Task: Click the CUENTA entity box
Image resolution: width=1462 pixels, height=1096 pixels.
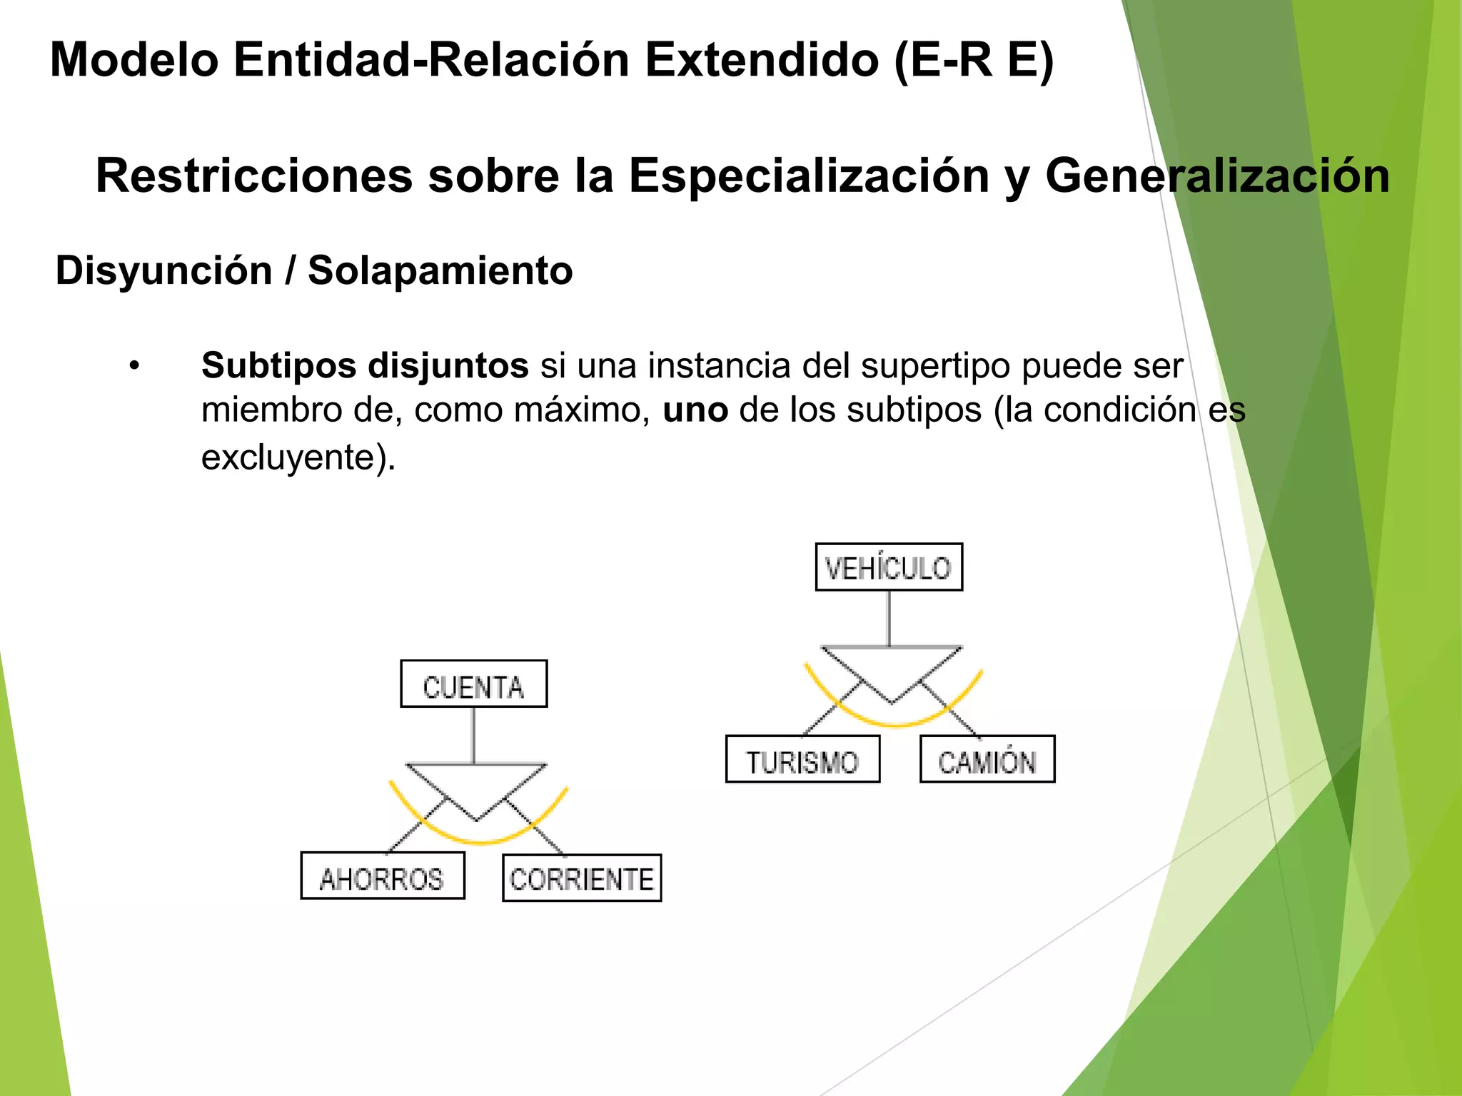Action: click(x=473, y=684)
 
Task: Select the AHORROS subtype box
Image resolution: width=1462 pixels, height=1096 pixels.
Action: click(x=383, y=876)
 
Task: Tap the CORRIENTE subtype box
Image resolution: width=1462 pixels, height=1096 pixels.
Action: click(x=582, y=878)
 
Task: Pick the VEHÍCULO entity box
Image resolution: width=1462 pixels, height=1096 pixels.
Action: click(x=889, y=567)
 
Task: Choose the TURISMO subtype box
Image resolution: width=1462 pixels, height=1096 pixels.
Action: click(x=802, y=759)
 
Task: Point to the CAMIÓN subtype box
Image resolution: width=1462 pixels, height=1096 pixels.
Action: click(x=987, y=759)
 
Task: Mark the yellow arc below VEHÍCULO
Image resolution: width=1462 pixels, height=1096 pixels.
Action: click(x=895, y=724)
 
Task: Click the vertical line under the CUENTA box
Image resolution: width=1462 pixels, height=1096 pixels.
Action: click(x=473, y=735)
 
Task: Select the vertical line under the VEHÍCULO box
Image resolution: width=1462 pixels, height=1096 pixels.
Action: click(x=889, y=618)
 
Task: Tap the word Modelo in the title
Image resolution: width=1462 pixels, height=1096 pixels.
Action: click(x=134, y=60)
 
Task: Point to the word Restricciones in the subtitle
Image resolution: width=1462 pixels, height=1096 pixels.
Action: click(x=254, y=176)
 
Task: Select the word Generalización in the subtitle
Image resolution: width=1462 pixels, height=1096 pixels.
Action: click(x=1217, y=176)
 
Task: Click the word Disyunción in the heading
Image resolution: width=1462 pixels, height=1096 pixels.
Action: click(x=163, y=271)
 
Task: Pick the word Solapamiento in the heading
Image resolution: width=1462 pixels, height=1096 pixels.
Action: click(x=440, y=271)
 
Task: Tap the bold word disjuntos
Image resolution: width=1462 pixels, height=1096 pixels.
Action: click(x=448, y=365)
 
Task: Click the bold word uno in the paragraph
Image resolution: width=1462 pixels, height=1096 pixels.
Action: click(x=695, y=410)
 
